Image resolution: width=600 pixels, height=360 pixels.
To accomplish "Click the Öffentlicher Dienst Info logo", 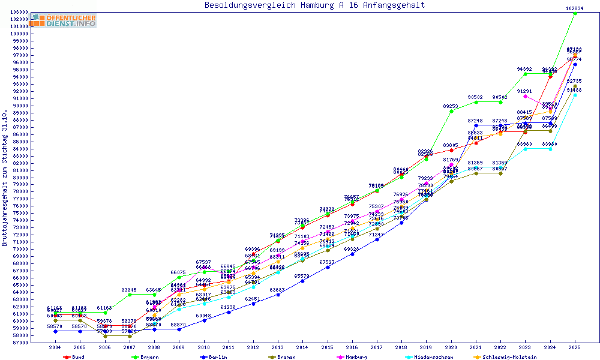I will (64, 21).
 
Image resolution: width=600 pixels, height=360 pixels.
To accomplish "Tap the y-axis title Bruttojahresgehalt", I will (5, 178).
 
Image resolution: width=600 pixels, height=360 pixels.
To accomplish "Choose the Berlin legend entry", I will (218, 357).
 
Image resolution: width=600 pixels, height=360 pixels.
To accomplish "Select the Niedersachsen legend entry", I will (432, 357).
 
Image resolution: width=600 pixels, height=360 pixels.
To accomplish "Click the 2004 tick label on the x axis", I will (55, 347).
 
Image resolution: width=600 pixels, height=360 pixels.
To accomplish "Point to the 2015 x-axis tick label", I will (328, 347).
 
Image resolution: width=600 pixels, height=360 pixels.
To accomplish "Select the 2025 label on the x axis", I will (575, 347).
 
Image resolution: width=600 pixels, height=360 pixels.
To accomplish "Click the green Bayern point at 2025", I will (575, 13).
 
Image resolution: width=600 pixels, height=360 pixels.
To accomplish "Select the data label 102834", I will (575, 8).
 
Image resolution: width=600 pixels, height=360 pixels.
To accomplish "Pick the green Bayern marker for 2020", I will (451, 111).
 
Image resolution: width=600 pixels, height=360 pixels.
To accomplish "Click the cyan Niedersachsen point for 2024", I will (550, 149).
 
